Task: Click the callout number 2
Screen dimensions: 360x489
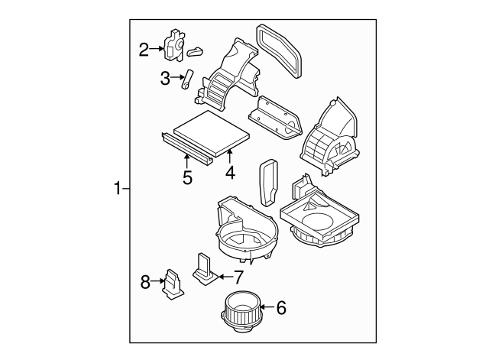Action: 144,50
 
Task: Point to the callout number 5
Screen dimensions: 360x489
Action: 187,177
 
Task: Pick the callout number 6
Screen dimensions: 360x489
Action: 280,308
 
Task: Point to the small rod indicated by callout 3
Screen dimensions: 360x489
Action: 186,79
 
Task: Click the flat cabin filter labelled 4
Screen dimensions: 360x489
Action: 209,133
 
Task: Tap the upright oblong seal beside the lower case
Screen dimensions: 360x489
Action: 269,183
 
